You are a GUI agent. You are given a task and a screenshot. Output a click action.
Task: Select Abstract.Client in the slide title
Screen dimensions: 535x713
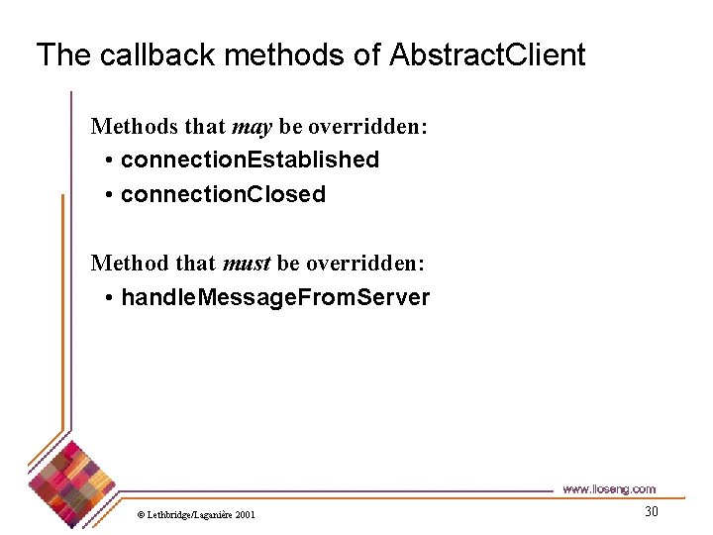487,54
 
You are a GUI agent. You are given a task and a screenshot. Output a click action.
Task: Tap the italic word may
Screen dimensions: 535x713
252,127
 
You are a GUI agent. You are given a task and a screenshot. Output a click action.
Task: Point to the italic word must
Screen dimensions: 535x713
247,263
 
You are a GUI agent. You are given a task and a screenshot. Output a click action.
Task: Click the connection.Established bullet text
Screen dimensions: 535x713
250,160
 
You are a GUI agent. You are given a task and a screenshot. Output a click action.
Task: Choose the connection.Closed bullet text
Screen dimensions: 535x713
223,194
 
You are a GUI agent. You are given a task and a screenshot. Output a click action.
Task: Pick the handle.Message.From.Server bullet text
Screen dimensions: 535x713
275,297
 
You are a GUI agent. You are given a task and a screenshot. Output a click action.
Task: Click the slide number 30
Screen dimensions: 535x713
651,512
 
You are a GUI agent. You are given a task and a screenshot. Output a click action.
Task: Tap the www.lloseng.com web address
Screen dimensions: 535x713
608,488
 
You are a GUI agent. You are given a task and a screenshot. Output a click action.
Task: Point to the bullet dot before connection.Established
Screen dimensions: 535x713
108,160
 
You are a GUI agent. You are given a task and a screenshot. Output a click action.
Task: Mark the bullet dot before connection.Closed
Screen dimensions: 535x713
108,195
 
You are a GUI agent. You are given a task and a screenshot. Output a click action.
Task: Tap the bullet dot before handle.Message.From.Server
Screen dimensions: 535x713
108,298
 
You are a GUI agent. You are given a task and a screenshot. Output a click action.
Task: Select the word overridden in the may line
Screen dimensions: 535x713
368,127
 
